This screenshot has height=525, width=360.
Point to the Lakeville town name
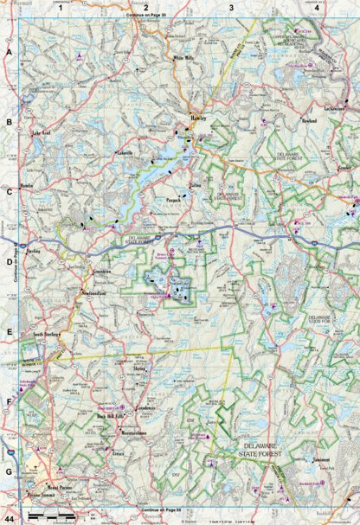126,153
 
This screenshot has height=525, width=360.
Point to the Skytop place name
143,368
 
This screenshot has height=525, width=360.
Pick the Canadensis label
144,407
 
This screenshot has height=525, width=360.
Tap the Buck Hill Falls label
111,418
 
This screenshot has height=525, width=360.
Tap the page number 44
9,516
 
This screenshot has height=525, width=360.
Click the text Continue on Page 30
145,15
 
